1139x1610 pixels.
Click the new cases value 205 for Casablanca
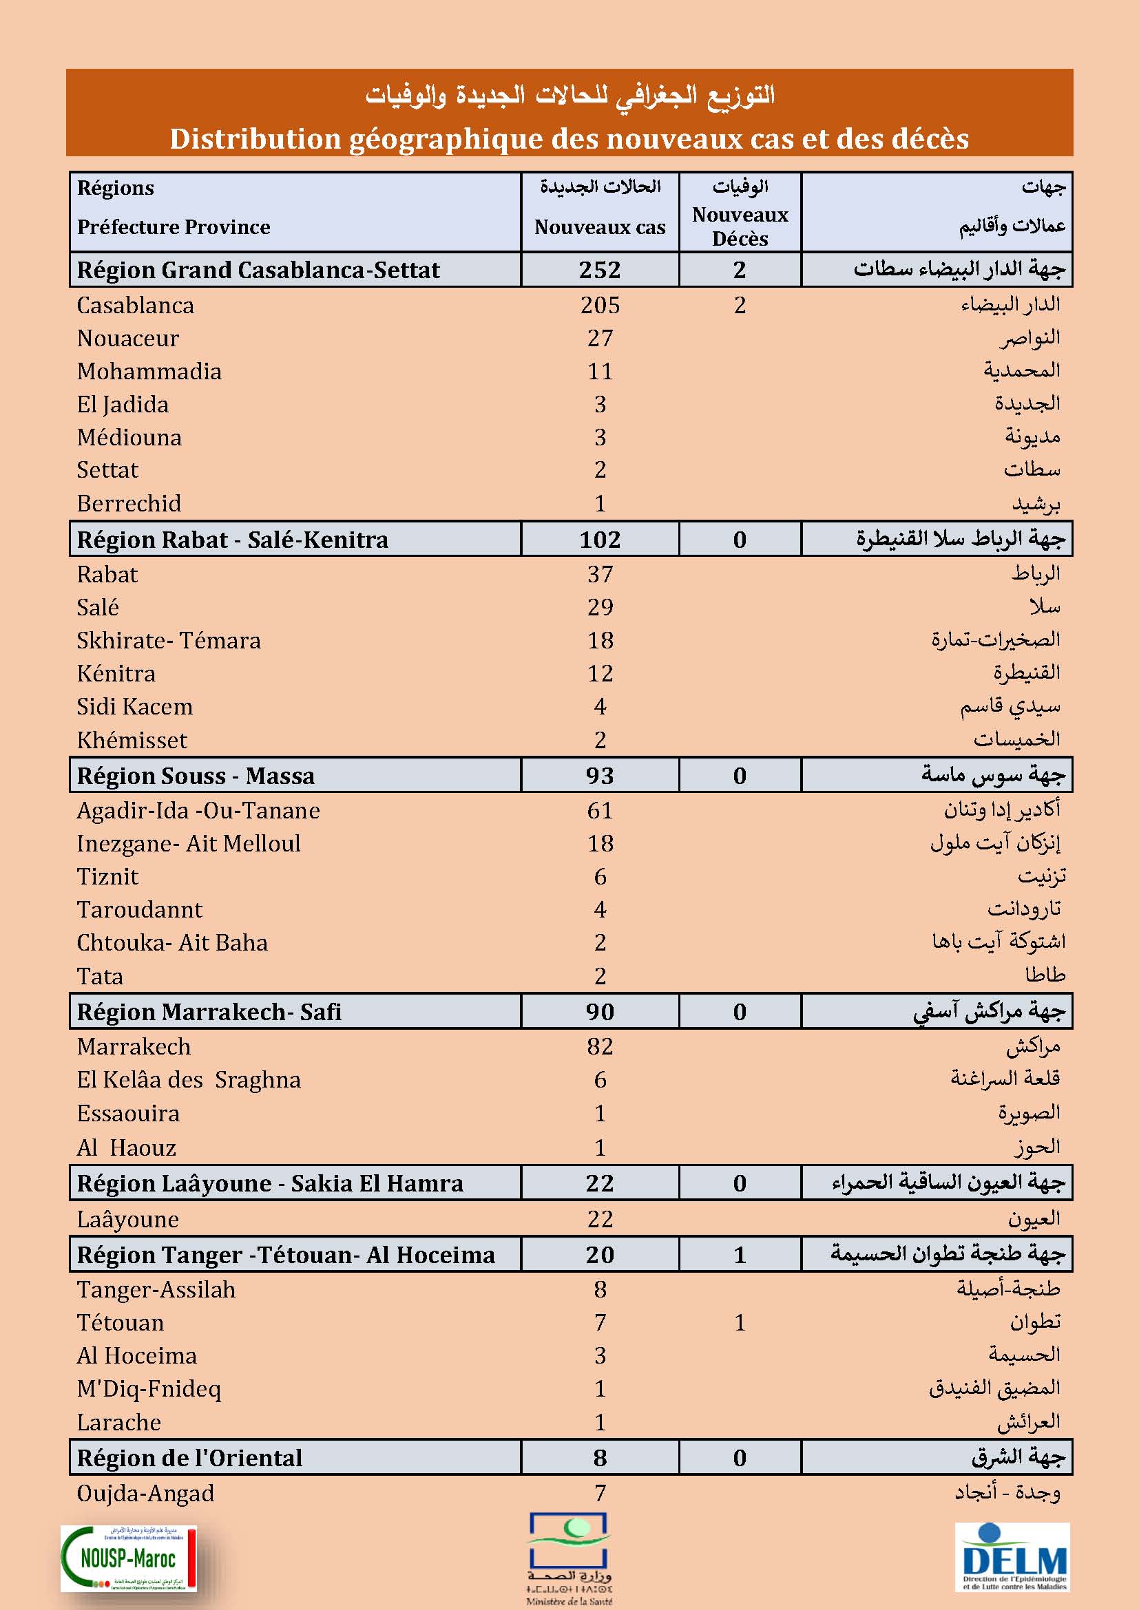(600, 305)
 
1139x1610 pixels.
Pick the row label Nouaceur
(127, 338)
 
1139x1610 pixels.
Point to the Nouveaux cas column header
(600, 226)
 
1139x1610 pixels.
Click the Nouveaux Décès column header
(740, 226)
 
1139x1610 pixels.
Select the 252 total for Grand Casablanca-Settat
(600, 270)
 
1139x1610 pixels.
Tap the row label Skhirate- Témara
(168, 640)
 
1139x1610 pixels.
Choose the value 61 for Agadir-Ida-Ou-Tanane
(600, 811)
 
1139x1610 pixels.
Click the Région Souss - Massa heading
(196, 776)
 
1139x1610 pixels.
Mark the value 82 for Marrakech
(600, 1046)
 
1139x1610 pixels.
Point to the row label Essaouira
(127, 1113)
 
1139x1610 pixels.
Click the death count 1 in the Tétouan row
(739, 1322)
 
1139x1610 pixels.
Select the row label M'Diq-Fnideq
(149, 1388)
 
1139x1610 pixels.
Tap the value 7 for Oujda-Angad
(600, 1493)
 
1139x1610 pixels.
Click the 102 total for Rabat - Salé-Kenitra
(600, 539)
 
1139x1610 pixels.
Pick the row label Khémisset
(132, 740)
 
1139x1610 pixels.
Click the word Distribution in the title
(254, 139)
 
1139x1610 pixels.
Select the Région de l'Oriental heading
(189, 1458)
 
